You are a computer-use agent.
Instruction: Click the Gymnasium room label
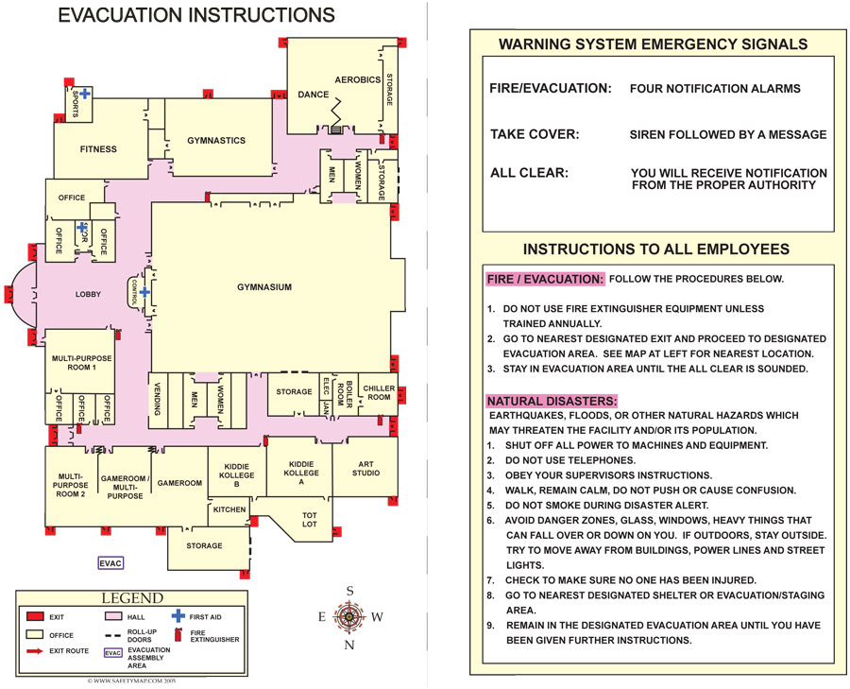click(x=263, y=287)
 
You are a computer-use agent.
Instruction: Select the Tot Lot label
click(x=310, y=520)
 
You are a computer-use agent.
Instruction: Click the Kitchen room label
click(x=229, y=509)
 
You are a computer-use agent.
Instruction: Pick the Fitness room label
click(x=98, y=149)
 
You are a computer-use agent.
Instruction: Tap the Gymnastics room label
click(x=216, y=141)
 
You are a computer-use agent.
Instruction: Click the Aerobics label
click(x=357, y=79)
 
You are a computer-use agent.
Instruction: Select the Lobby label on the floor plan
click(x=88, y=295)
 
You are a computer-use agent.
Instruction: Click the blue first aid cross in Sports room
click(x=85, y=93)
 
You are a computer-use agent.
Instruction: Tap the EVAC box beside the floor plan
click(x=111, y=563)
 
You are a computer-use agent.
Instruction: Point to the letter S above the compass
click(x=350, y=592)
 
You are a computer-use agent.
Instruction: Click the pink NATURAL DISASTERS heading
click(x=551, y=401)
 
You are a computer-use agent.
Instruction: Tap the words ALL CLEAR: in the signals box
click(x=529, y=173)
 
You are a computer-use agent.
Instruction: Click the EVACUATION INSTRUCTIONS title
click(x=196, y=15)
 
